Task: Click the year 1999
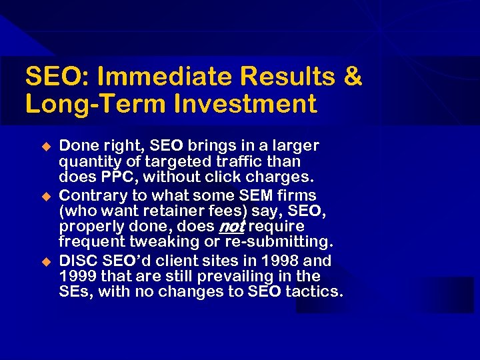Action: tap(79, 276)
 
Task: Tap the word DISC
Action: tap(79, 260)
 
